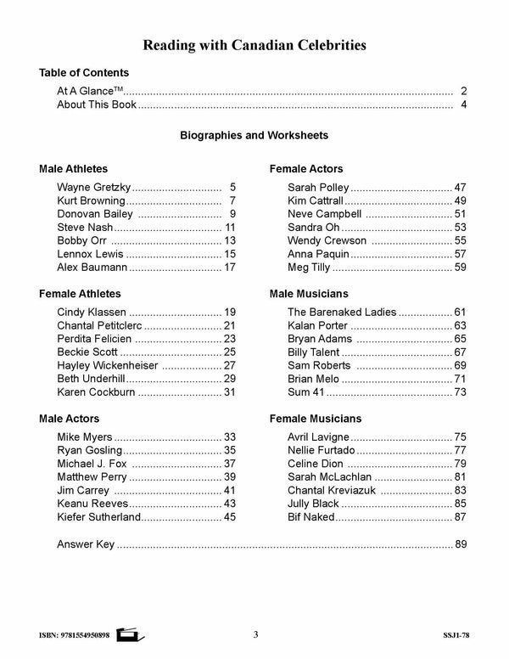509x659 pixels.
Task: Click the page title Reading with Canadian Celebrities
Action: point(255,43)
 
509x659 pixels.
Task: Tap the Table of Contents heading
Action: point(84,73)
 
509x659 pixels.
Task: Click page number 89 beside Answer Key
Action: point(461,544)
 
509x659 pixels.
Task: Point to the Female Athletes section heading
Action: point(80,294)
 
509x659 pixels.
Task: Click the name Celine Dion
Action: point(316,464)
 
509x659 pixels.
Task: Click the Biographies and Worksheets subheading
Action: point(255,135)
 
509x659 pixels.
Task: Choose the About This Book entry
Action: point(96,105)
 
